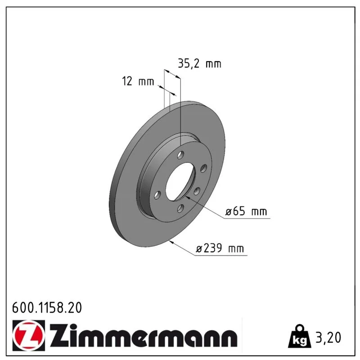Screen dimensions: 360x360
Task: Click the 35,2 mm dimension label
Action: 199,63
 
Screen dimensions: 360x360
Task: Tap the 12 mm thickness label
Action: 138,81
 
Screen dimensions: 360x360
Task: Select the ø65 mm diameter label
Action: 246,211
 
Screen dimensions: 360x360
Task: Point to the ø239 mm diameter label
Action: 220,248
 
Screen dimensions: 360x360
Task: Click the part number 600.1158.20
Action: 47,307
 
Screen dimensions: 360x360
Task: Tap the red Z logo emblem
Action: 28,335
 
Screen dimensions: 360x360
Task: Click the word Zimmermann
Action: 144,335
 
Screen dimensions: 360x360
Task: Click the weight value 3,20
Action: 328,337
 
